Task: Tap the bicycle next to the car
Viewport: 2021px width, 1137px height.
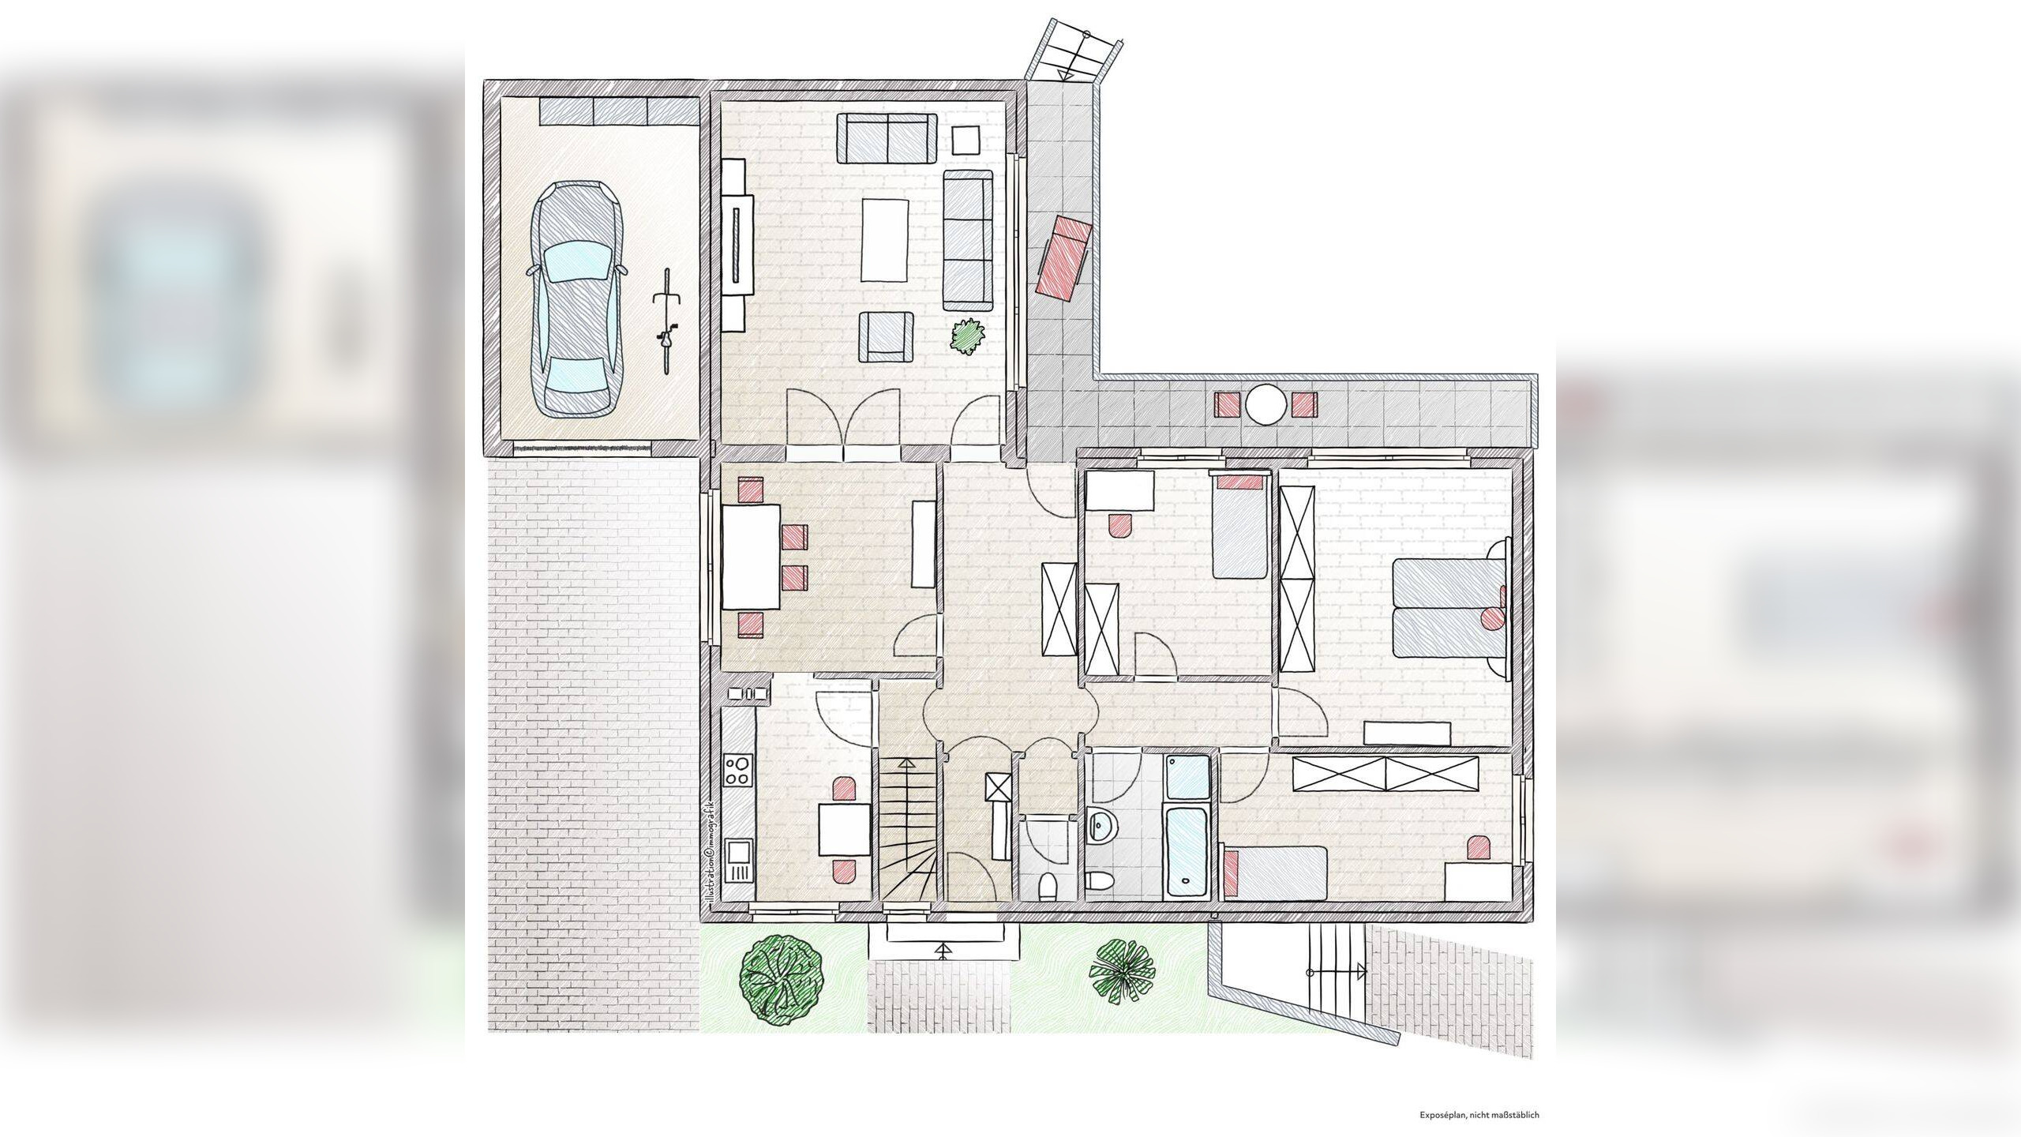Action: (x=667, y=320)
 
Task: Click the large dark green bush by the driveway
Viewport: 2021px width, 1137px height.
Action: (x=782, y=981)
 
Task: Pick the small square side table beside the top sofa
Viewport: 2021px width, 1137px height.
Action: (x=966, y=140)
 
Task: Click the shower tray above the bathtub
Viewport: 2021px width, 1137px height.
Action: (x=1187, y=778)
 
